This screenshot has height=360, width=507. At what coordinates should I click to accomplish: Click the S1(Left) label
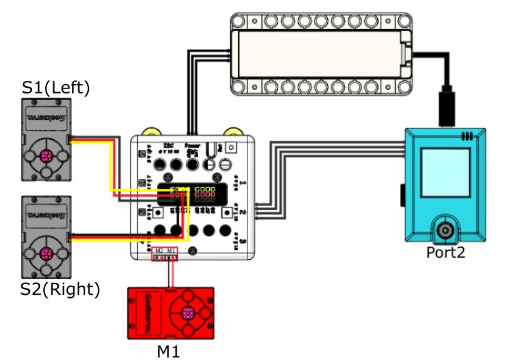tap(56, 88)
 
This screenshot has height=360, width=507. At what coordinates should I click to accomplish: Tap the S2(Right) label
tap(60, 289)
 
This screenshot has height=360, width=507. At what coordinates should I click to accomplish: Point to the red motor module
tap(171, 313)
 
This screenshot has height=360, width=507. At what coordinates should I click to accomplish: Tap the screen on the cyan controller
tap(446, 172)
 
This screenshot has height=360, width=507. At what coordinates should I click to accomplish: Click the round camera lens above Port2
tap(446, 230)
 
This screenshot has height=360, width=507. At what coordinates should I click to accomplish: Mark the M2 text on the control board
tap(159, 251)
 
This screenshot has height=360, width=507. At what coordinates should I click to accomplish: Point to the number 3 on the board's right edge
tap(243, 241)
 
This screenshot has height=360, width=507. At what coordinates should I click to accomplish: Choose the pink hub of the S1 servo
tap(46, 156)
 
